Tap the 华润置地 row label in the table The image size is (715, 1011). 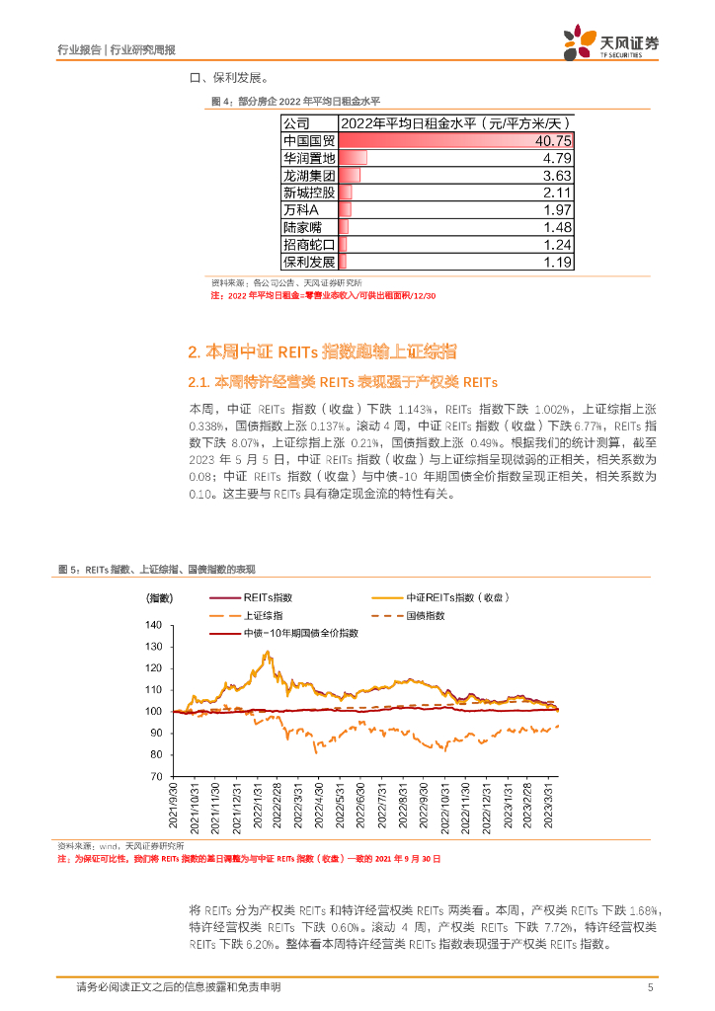click(308, 158)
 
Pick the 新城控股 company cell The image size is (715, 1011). click(308, 193)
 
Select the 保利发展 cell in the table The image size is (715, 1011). click(308, 262)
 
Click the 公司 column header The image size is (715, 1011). click(296, 123)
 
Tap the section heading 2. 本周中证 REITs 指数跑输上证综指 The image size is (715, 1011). click(322, 352)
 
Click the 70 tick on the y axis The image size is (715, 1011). click(155, 776)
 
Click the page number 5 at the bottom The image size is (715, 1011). click(650, 987)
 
